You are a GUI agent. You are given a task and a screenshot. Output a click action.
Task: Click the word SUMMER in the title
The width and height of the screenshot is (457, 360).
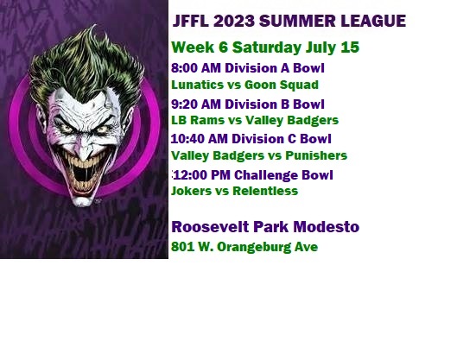pos(297,21)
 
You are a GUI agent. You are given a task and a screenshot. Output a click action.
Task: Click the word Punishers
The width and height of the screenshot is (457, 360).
pos(316,155)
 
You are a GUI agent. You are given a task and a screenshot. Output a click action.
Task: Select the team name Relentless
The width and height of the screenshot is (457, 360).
pos(265,191)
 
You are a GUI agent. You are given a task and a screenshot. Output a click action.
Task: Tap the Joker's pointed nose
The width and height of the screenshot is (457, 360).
pos(83,150)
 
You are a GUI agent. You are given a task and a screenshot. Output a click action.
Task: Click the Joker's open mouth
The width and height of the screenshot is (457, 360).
pos(83,174)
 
